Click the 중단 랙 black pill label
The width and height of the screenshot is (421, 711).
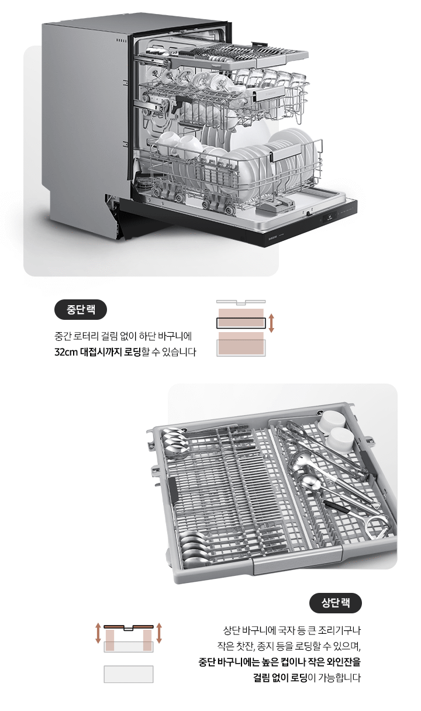pyautogui.click(x=81, y=310)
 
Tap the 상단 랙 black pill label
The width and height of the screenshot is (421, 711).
pyautogui.click(x=335, y=603)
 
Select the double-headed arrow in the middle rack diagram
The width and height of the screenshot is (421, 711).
pyautogui.click(x=271, y=322)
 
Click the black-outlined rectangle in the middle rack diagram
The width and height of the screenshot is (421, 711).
pyautogui.click(x=240, y=322)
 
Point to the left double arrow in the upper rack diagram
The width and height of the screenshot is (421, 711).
pyautogui.click(x=98, y=633)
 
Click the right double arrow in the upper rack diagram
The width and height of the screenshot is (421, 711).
pyautogui.click(x=159, y=633)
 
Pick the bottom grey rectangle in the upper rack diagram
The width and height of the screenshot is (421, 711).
pyautogui.click(x=129, y=674)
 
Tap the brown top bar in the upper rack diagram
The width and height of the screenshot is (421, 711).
pyautogui.click(x=129, y=626)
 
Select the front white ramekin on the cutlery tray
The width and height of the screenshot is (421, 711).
pyautogui.click(x=341, y=439)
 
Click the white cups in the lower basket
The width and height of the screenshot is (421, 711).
pyautogui.click(x=175, y=143)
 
